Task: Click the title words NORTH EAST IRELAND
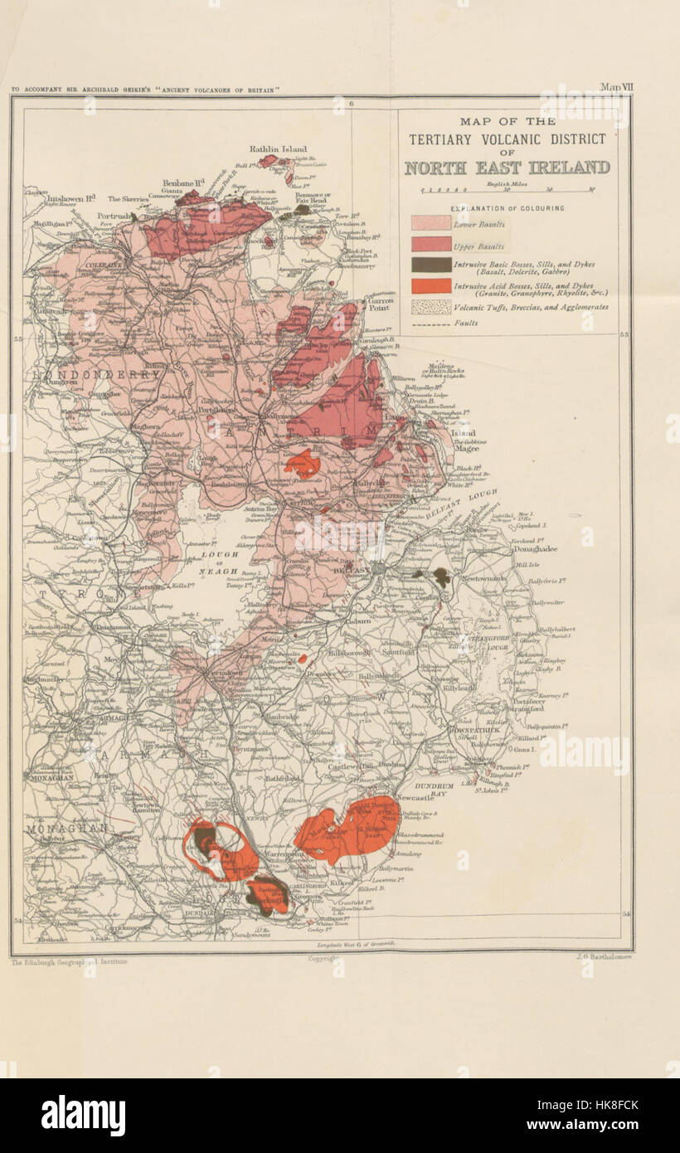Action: [x=507, y=168]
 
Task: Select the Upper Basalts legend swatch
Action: [x=431, y=245]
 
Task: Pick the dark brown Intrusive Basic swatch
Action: [x=431, y=265]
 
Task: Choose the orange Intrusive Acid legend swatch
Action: [x=431, y=286]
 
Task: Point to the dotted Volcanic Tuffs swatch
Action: [x=431, y=307]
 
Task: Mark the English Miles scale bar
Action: [x=507, y=189]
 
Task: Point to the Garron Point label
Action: [x=377, y=307]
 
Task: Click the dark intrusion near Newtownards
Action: [x=440, y=576]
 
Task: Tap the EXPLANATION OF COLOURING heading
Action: [x=507, y=207]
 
